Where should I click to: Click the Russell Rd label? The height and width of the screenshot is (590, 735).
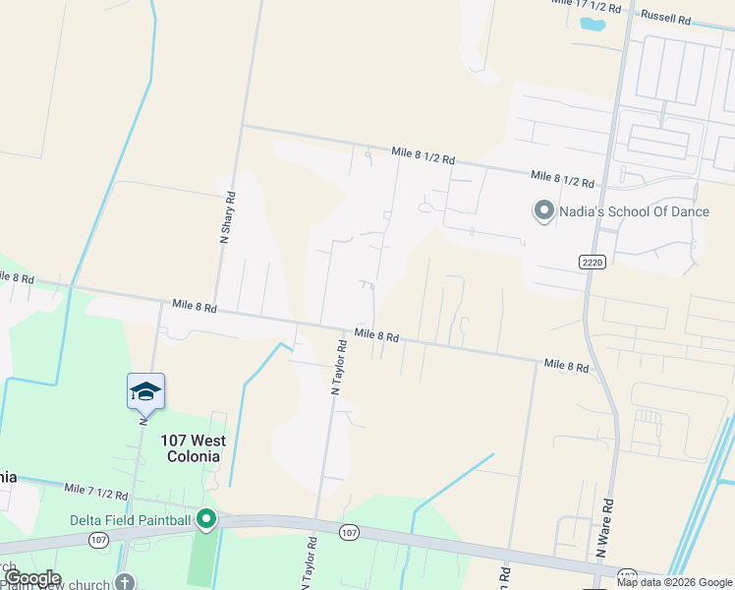click(x=665, y=17)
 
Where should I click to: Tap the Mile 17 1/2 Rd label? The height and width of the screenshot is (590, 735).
click(x=587, y=6)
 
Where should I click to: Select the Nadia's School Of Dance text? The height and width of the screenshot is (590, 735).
click(x=628, y=210)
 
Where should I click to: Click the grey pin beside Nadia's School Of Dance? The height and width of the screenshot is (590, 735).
click(x=542, y=210)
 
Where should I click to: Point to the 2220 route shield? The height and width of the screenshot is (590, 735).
click(x=590, y=261)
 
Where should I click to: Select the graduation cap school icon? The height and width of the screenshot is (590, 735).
click(x=145, y=391)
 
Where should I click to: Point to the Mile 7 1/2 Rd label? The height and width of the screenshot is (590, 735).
click(x=96, y=490)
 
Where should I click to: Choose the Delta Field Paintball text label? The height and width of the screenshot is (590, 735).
click(x=129, y=519)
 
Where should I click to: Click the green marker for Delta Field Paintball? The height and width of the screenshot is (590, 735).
click(x=205, y=518)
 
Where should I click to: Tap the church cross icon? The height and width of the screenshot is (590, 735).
click(x=125, y=581)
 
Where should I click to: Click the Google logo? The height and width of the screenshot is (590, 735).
click(x=32, y=578)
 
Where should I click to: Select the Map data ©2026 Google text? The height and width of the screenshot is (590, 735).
click(x=673, y=582)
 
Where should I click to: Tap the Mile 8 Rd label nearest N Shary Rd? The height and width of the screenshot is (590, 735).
click(x=194, y=307)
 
